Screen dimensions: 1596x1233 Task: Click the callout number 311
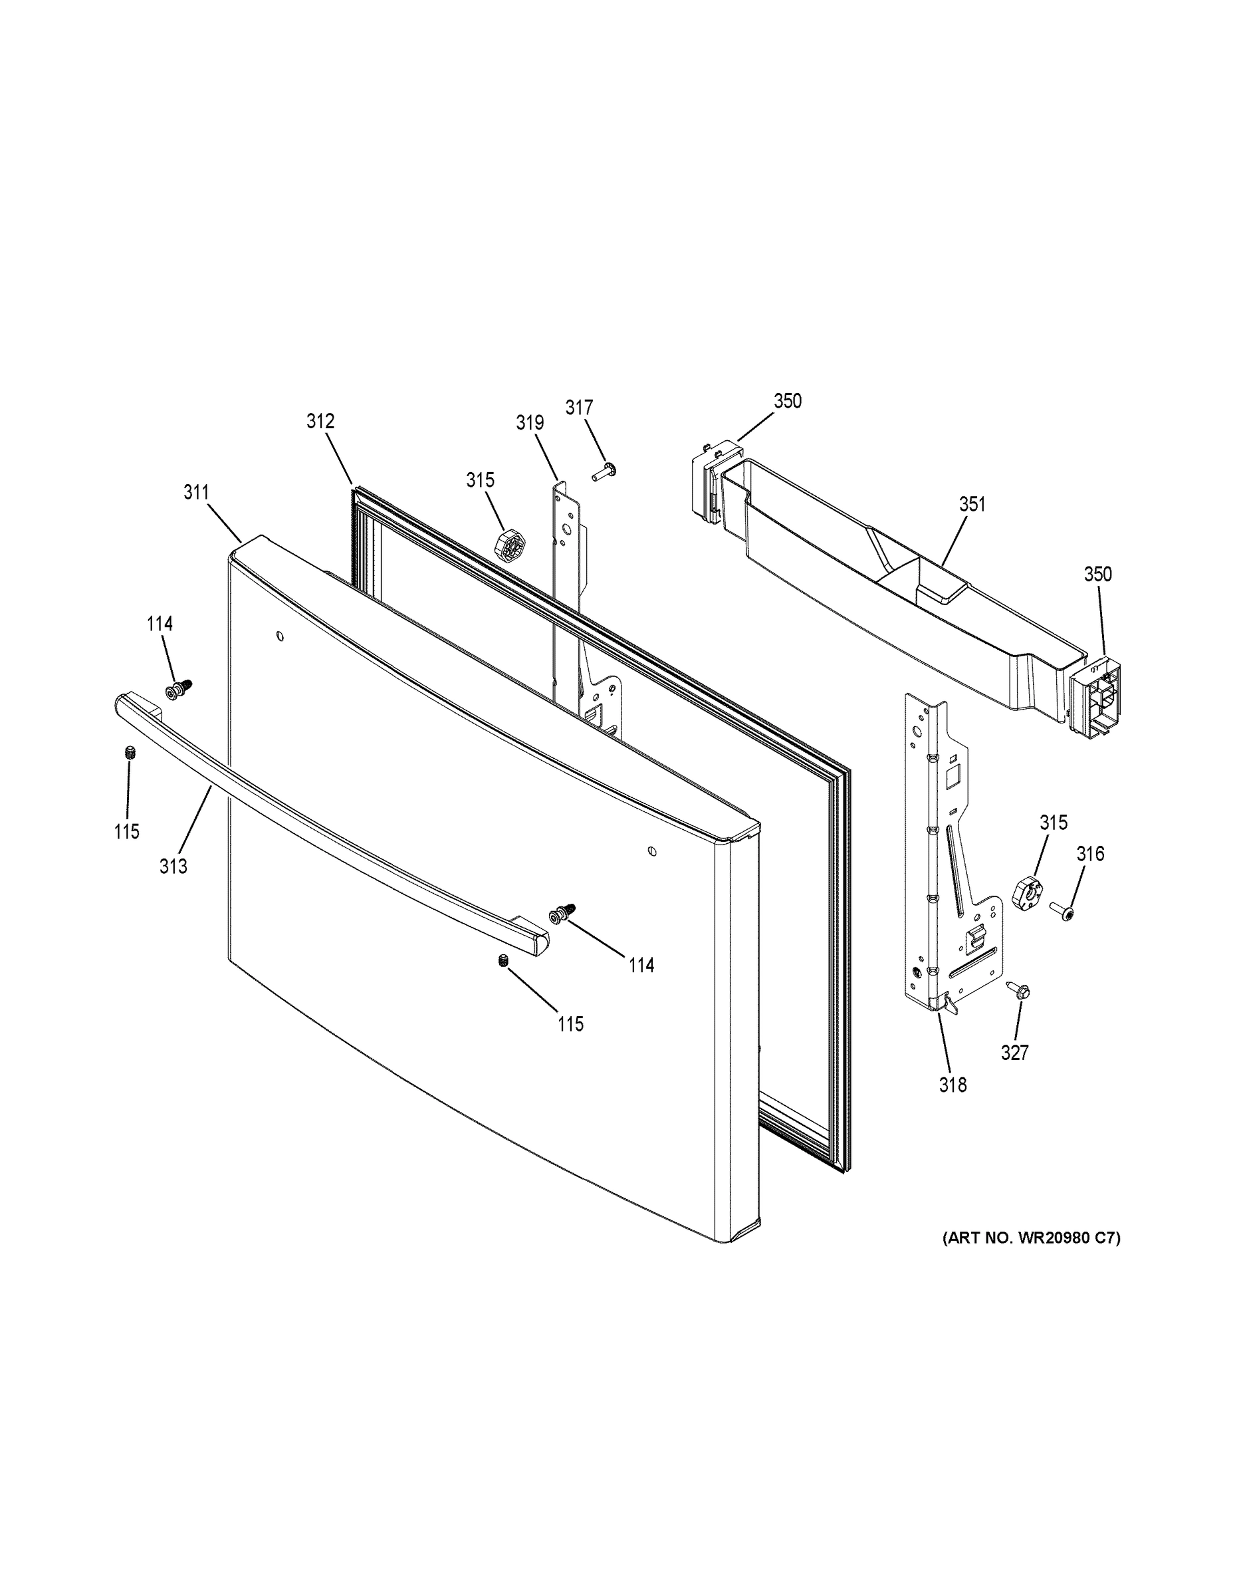196,493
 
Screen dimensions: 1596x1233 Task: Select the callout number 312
320,421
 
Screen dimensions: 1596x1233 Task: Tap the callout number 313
174,866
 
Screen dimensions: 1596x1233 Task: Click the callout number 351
972,504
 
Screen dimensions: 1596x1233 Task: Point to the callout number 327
1014,1053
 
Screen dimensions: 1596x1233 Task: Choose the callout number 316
1090,854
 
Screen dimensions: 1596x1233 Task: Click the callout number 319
530,422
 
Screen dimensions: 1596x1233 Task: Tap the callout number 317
579,407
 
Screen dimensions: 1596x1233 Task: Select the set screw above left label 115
131,753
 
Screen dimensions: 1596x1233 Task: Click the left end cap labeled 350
707,481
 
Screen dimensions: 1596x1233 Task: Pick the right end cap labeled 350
1094,695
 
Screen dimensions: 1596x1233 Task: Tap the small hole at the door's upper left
280,636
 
